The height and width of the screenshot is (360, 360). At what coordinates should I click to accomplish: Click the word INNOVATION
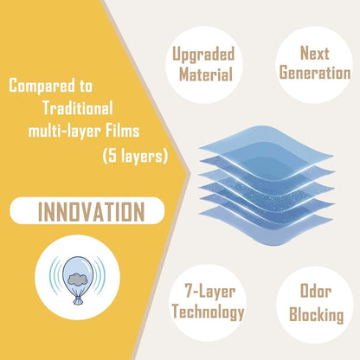point(91,211)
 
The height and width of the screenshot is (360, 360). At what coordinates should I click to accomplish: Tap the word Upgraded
point(203,55)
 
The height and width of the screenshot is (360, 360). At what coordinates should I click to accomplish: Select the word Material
point(206,74)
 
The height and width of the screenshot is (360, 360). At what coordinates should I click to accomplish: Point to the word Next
point(315,53)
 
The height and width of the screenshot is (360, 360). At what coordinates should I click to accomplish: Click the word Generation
point(315,73)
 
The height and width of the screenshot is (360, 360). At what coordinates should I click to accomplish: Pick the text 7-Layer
point(209,292)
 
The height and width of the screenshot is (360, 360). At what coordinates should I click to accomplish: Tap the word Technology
point(208,312)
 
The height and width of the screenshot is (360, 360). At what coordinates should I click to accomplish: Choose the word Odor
point(315,291)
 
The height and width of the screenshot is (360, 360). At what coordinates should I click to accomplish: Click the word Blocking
point(316,314)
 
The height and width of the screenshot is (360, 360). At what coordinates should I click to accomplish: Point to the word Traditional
point(78,108)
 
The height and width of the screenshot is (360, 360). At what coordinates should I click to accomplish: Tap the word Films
point(122,131)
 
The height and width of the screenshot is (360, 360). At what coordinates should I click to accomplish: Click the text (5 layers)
point(135,156)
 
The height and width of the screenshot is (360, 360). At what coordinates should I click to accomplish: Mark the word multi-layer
point(64,132)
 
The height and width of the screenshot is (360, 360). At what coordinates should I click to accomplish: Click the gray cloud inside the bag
point(78,279)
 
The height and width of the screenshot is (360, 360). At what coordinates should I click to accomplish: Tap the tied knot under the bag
point(78,299)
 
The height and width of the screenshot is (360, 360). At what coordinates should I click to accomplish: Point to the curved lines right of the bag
point(100,275)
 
